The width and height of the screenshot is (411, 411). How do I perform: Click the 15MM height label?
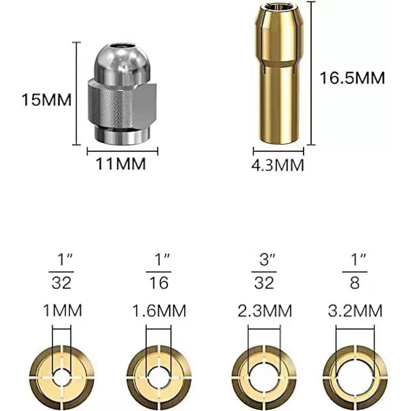click(47, 100)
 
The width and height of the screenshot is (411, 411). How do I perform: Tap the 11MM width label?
click(121, 164)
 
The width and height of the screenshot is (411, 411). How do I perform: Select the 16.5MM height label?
click(352, 78)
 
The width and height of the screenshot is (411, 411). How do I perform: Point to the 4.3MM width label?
click(277, 165)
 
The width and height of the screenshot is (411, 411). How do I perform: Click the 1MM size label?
click(62, 310)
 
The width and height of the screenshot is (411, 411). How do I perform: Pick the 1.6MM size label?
click(159, 310)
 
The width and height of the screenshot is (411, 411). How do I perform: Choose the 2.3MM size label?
click(264, 310)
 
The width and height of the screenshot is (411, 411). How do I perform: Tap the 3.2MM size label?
click(355, 310)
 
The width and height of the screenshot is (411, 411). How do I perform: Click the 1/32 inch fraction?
click(62, 271)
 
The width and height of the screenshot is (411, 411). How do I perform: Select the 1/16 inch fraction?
click(159, 271)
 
